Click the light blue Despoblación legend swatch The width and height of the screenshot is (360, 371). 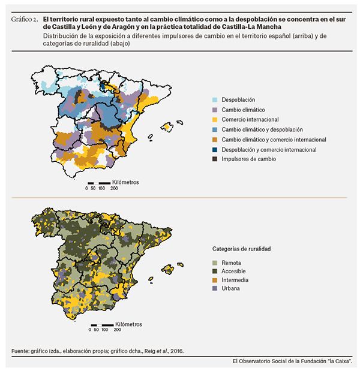[x=214, y=99]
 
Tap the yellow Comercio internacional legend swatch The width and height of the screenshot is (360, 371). [x=214, y=119]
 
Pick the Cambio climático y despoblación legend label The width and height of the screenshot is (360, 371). [x=262, y=129]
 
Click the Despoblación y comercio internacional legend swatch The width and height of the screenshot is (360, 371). [x=214, y=149]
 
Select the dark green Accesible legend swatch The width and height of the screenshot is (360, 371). [x=214, y=270]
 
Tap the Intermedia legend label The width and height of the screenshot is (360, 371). [x=235, y=280]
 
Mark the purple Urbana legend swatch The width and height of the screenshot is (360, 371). [x=214, y=289]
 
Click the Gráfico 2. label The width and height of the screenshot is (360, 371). [x=25, y=20]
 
